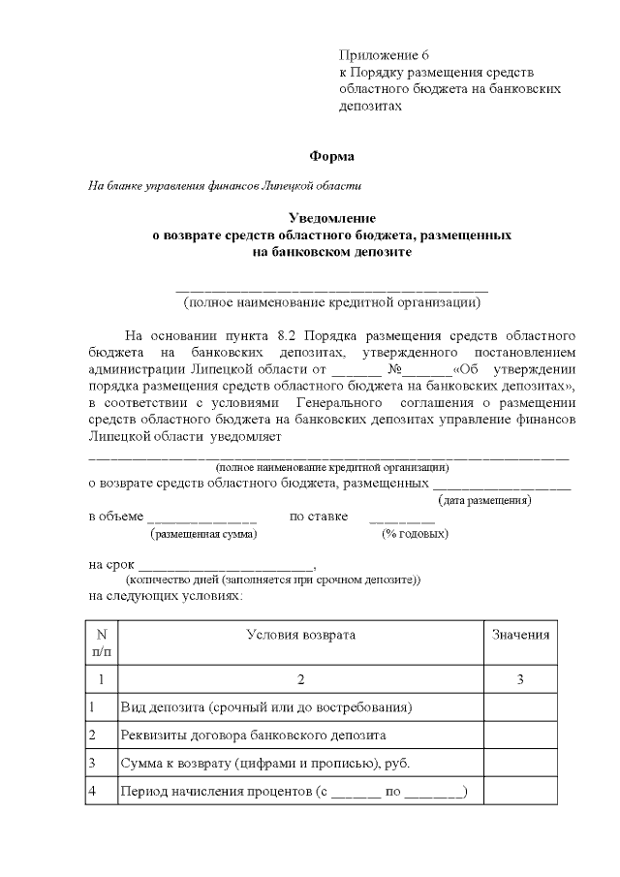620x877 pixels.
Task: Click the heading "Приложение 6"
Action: pyautogui.click(x=384, y=53)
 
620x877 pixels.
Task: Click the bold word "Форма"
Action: pyautogui.click(x=331, y=155)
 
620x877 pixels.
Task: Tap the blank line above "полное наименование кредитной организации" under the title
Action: pyautogui.click(x=331, y=288)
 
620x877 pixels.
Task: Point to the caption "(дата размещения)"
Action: pyautogui.click(x=484, y=500)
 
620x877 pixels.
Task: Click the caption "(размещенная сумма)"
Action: pyautogui.click(x=202, y=533)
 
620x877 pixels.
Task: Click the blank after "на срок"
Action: pyautogui.click(x=226, y=565)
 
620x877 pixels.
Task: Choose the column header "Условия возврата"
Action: pyautogui.click(x=300, y=635)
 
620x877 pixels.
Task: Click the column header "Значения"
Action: pyautogui.click(x=520, y=635)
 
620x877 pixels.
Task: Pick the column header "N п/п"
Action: pyautogui.click(x=101, y=643)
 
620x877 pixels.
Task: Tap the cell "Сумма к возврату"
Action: pyautogui.click(x=263, y=763)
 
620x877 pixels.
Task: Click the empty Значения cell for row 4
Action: pyautogui.click(x=520, y=792)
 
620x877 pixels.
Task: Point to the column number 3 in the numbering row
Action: pyautogui.click(x=520, y=678)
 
